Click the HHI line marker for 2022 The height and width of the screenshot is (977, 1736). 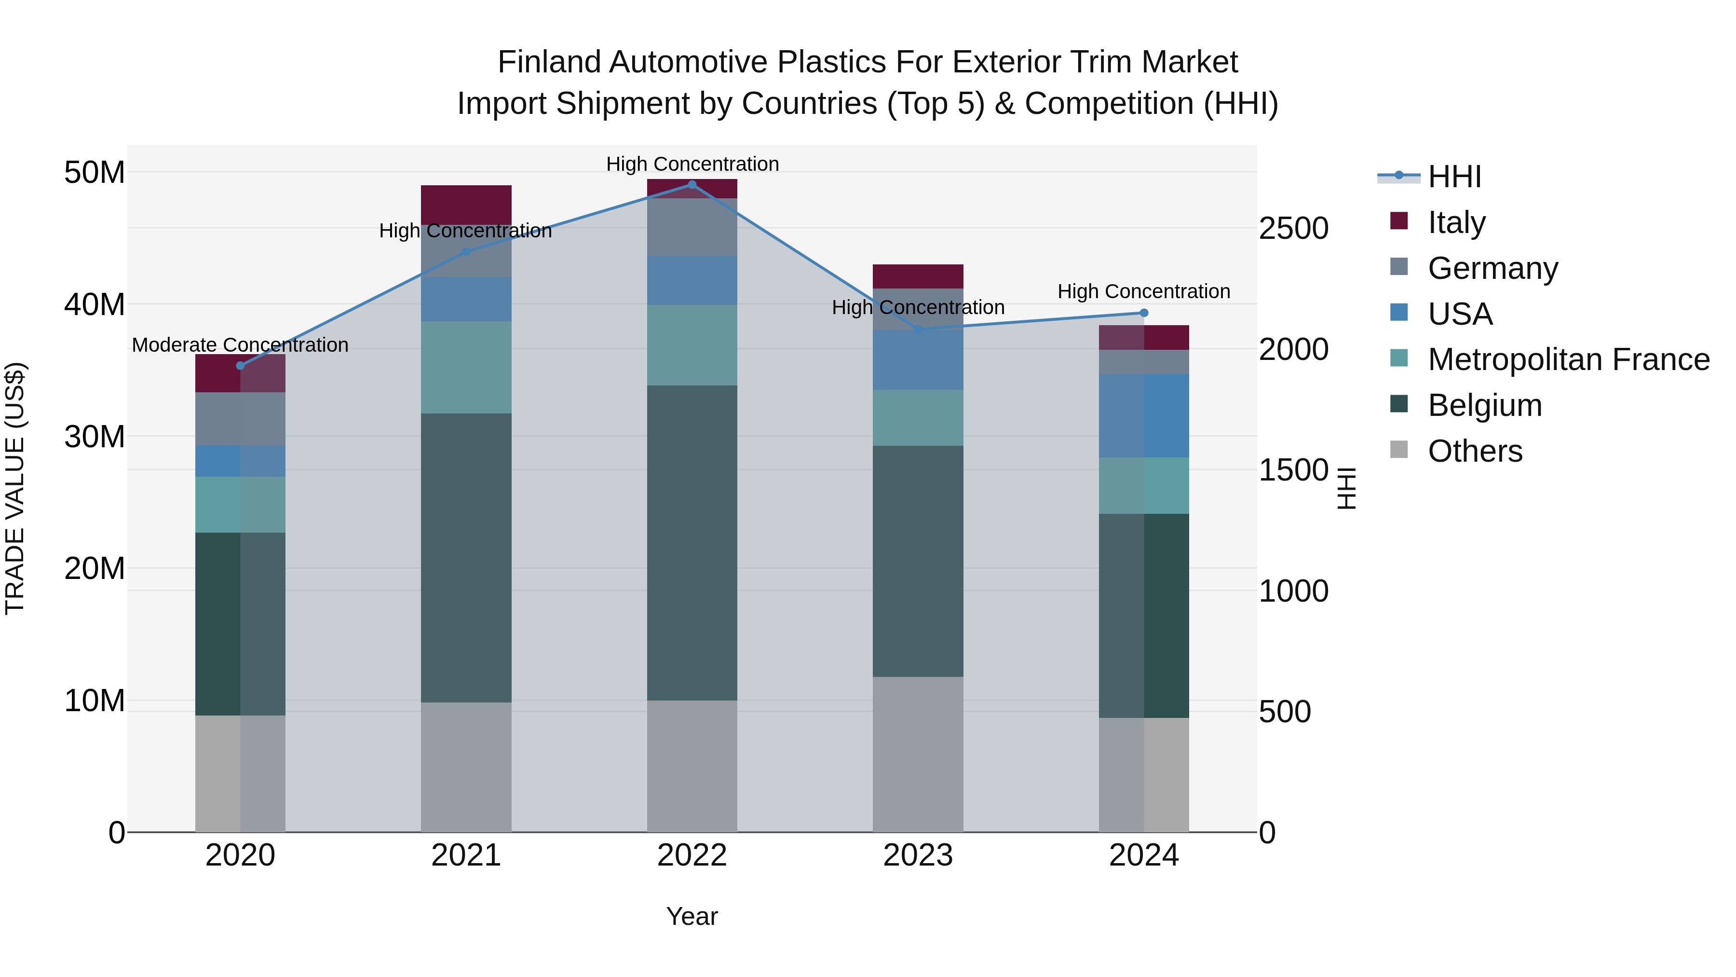(692, 184)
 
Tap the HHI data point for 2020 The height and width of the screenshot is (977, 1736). (241, 365)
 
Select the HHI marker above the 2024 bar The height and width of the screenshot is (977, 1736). (1144, 313)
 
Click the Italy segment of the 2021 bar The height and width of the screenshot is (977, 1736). (466, 204)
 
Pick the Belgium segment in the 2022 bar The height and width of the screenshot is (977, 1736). (692, 543)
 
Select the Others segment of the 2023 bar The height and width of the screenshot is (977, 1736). (918, 754)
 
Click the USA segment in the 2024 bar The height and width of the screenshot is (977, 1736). (1144, 415)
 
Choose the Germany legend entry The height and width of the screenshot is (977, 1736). (1492, 268)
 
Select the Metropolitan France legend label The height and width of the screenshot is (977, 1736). (1568, 359)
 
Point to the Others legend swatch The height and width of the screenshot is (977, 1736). (1399, 450)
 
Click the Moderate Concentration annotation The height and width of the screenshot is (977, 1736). (241, 345)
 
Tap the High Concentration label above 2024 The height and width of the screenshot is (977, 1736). (1144, 291)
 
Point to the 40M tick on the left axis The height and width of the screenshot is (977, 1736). (95, 304)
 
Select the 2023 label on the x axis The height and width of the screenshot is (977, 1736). (918, 855)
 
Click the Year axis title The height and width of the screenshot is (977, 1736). (692, 916)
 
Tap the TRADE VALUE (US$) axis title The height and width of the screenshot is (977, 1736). (15, 488)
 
